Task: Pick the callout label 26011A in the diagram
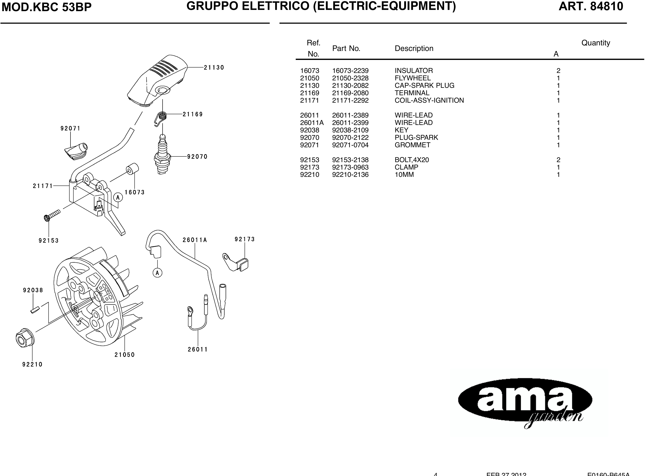point(195,240)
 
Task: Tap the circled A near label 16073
point(118,198)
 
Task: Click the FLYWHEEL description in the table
point(413,78)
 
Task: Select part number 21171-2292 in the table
point(350,100)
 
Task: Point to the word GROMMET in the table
point(412,145)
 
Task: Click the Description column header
point(414,48)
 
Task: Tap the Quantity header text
point(595,43)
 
